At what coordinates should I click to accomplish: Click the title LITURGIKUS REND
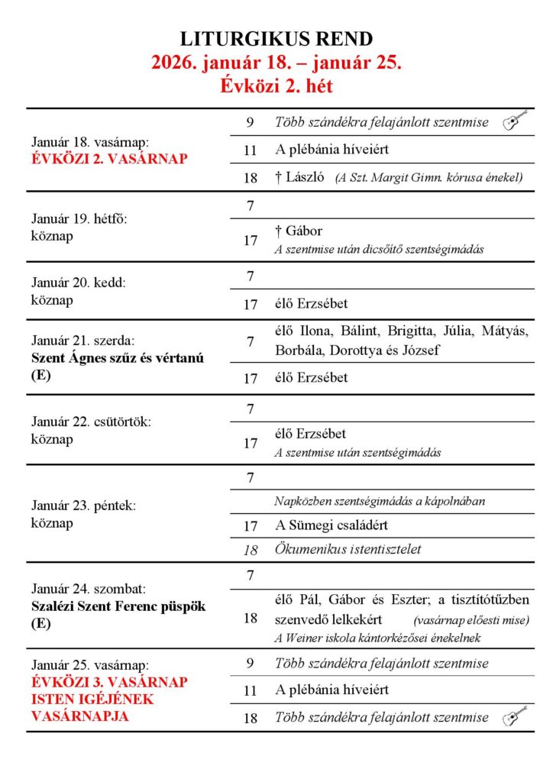(276, 39)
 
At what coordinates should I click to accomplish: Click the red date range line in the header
(276, 63)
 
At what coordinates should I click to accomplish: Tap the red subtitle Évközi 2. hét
(276, 86)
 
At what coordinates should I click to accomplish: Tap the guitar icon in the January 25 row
(515, 717)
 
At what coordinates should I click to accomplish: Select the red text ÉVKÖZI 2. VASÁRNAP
(109, 159)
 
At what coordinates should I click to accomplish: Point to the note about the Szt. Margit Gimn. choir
(428, 178)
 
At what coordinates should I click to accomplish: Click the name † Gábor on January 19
(299, 231)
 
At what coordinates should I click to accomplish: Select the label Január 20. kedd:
(78, 282)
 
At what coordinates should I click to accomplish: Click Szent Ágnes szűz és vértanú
(118, 358)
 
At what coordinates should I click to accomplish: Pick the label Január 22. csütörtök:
(91, 422)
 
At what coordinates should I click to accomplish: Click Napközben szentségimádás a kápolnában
(380, 502)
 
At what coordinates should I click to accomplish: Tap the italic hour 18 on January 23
(251, 549)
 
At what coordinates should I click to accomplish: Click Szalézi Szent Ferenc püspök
(118, 606)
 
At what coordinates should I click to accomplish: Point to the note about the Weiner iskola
(377, 638)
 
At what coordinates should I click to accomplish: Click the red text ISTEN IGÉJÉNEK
(92, 699)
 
